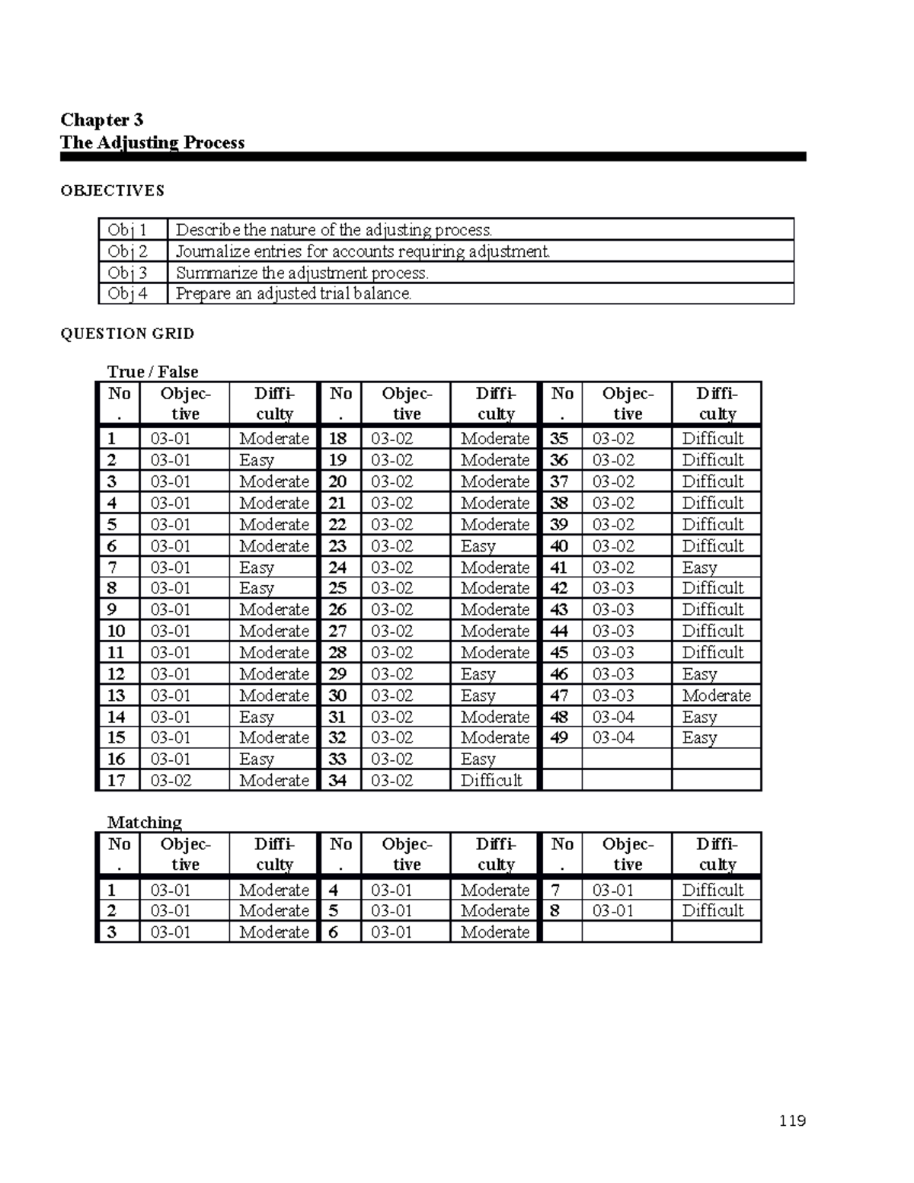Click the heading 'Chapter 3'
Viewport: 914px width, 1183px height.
pyautogui.click(x=101, y=120)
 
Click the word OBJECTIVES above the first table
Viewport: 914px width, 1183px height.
pyautogui.click(x=112, y=190)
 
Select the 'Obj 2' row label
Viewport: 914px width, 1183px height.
pyautogui.click(x=127, y=251)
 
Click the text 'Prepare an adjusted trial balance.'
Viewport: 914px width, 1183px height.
pyautogui.click(x=294, y=294)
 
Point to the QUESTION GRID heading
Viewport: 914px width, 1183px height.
pyautogui.click(x=127, y=334)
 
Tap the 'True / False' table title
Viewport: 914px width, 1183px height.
pyautogui.click(x=152, y=372)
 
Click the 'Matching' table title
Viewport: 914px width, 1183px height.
pyautogui.click(x=145, y=822)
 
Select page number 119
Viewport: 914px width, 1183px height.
pyautogui.click(x=792, y=1121)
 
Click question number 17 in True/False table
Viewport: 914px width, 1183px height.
pyautogui.click(x=117, y=780)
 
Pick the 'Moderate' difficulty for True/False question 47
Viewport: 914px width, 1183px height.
pyautogui.click(x=716, y=695)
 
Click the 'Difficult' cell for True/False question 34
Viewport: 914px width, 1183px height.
pyautogui.click(x=491, y=780)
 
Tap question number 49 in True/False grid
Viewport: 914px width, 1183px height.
pyautogui.click(x=559, y=737)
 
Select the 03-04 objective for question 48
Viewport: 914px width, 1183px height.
pyautogui.click(x=613, y=717)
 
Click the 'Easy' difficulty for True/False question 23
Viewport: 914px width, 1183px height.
pyautogui.click(x=478, y=546)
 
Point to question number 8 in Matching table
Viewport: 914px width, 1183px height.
pyautogui.click(x=554, y=910)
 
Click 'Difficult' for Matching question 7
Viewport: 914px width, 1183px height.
pyautogui.click(x=712, y=890)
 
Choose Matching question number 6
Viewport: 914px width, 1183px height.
pyautogui.click(x=333, y=932)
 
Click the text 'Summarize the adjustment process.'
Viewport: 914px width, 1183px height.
pyautogui.click(x=302, y=273)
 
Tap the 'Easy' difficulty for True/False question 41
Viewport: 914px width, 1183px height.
pyautogui.click(x=699, y=568)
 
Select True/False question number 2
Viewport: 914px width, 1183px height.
pyautogui.click(x=112, y=460)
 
